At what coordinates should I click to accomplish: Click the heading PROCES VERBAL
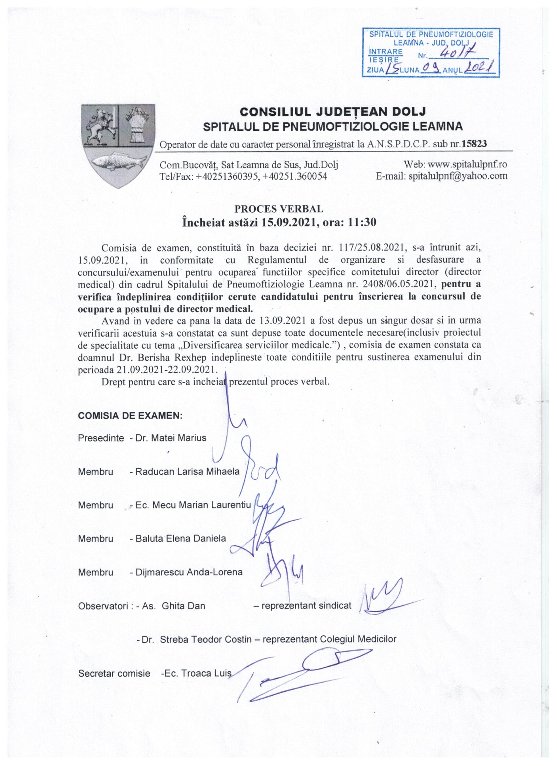[x=279, y=209]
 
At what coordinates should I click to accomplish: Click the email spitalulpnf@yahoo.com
[x=458, y=176]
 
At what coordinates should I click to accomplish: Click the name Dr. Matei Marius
[x=171, y=438]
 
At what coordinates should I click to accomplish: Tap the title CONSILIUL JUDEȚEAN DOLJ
[x=332, y=111]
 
